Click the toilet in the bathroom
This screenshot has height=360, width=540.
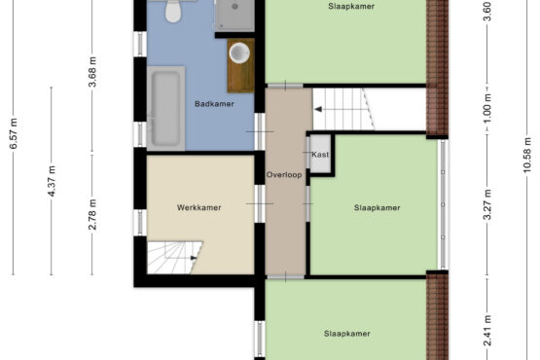[173, 11]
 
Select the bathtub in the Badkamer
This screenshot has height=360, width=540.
[166, 108]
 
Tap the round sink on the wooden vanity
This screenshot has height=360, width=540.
[239, 53]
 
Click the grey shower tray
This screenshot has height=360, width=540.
[234, 16]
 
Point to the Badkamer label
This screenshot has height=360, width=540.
[214, 104]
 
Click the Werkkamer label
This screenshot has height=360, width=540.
[199, 207]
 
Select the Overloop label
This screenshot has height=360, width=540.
[284, 175]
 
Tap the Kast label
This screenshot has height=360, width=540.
[320, 155]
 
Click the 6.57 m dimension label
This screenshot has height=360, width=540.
[13, 133]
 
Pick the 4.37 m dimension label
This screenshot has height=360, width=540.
[52, 181]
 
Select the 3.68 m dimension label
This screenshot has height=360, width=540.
[92, 72]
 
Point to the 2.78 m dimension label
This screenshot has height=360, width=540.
[92, 214]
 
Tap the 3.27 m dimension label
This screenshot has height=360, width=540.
[486, 204]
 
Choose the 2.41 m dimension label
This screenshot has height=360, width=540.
[486, 331]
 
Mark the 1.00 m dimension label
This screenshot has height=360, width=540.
[486, 109]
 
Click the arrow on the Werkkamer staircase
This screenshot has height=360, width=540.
[194, 258]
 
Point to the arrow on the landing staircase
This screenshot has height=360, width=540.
[318, 109]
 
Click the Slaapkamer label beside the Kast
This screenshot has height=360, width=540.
[378, 208]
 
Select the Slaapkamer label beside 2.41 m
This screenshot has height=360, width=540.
[347, 334]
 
